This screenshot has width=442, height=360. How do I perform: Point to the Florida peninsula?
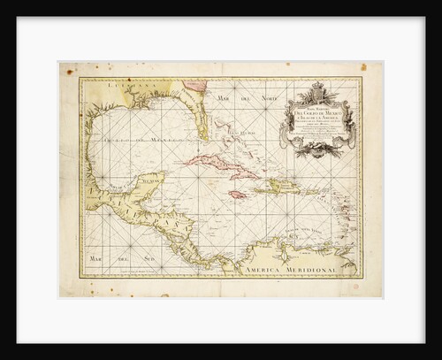200,119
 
